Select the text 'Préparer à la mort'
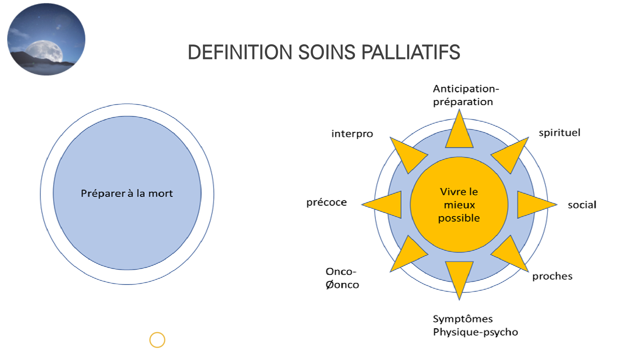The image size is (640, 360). coord(127,193)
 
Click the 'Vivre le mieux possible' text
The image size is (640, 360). coord(459,205)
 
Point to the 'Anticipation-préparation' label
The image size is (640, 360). coord(466,95)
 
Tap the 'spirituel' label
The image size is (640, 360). coord(559,133)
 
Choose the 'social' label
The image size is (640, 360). coord(582,205)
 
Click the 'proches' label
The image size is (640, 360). coord(552,276)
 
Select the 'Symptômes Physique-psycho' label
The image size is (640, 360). coord(475,326)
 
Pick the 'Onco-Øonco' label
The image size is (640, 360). coord(342,278)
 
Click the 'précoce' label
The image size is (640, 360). coord(326,202)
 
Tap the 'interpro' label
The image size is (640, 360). coord(352,134)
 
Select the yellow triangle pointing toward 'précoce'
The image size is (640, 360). coord(387,205)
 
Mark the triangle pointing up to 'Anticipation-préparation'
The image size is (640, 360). coord(459,133)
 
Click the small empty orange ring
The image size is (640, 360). coord(157,340)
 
